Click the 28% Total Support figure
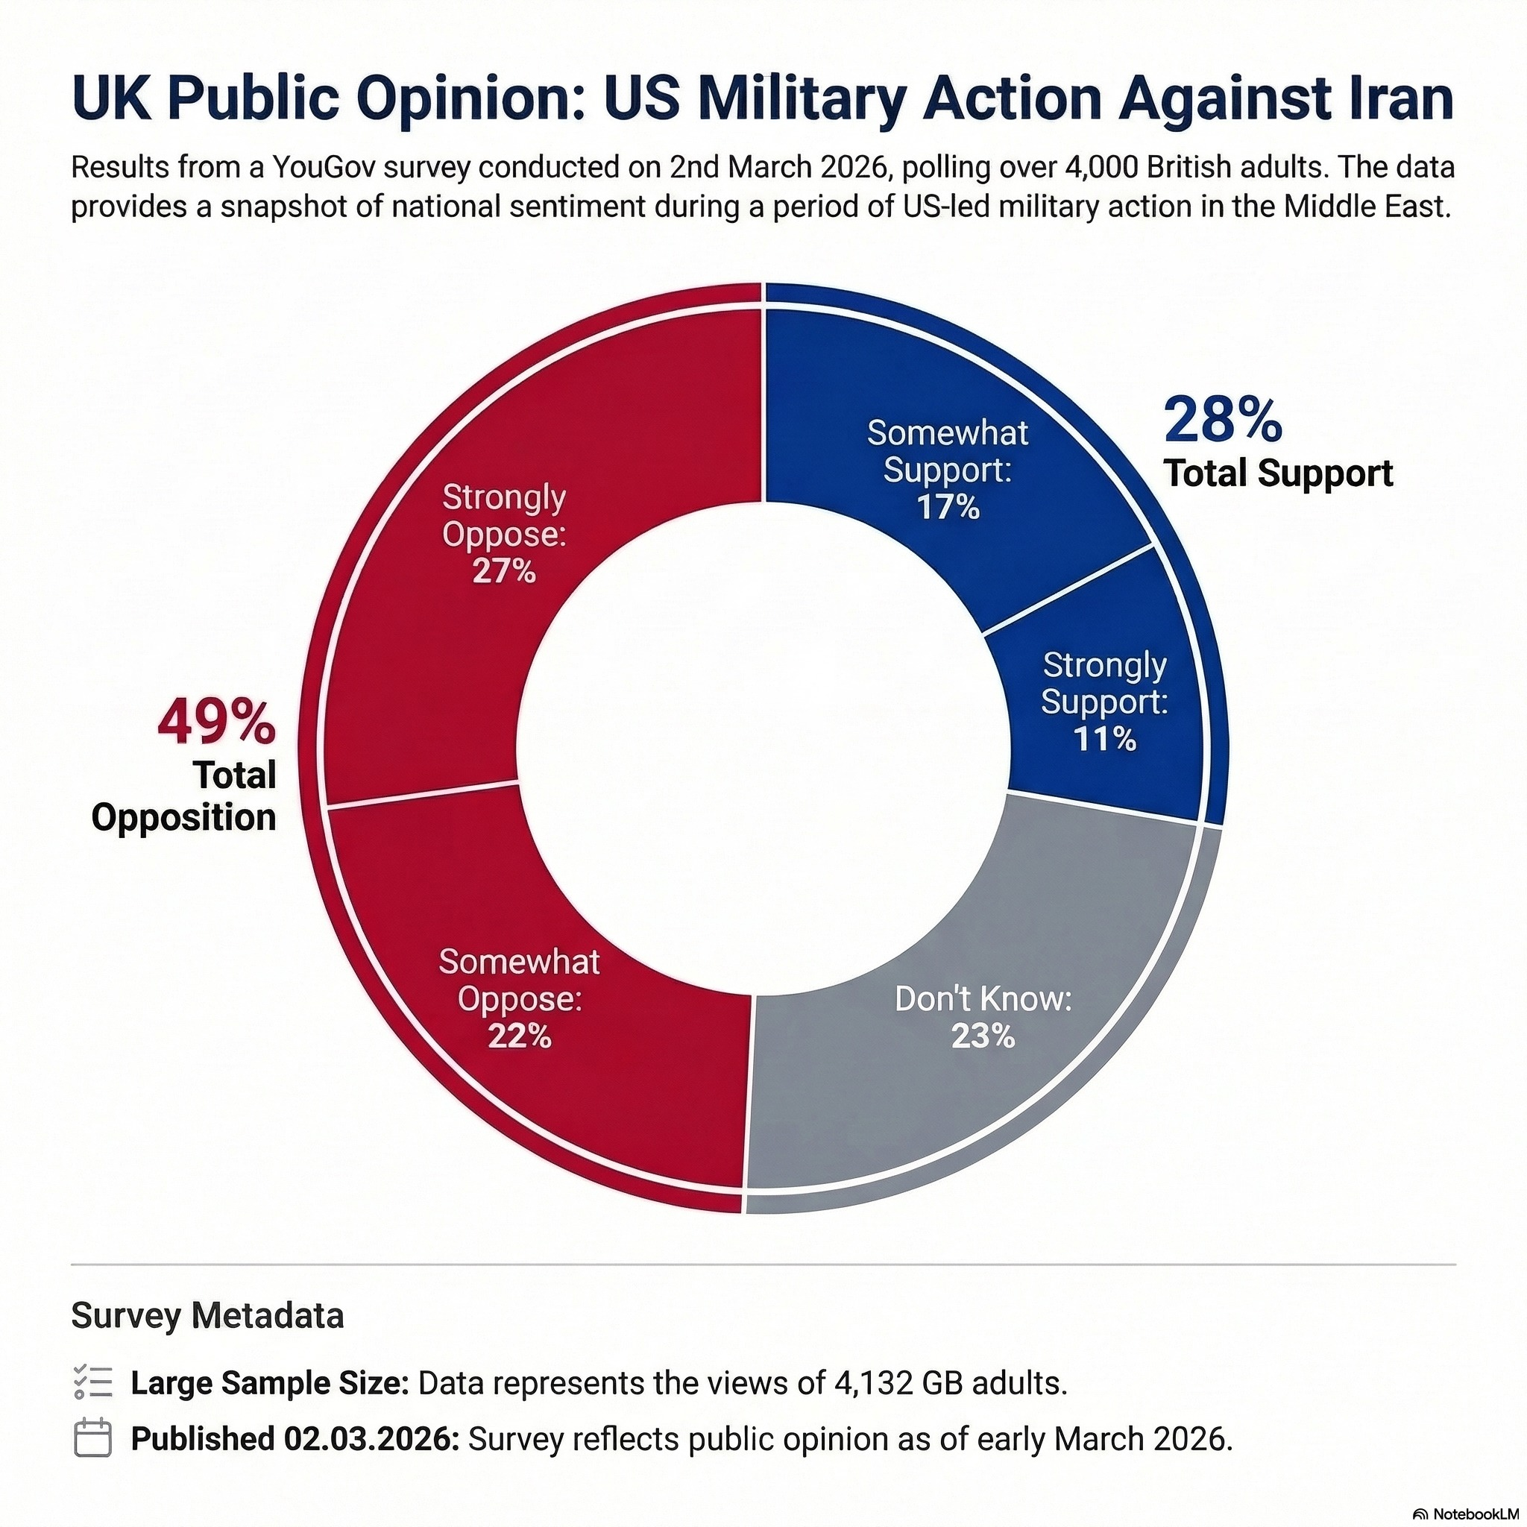point(1222,421)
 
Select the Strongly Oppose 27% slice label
point(504,534)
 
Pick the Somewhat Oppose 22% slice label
point(519,998)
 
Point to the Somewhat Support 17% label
point(948,470)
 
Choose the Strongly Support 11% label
point(1104,702)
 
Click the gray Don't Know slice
point(1027,1106)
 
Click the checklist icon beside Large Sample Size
point(92,1382)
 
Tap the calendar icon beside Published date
point(92,1438)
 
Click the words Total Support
point(1278,473)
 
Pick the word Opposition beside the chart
point(184,817)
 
